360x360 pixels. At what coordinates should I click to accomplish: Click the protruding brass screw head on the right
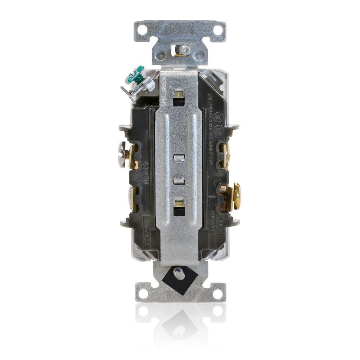pyautogui.click(x=237, y=196)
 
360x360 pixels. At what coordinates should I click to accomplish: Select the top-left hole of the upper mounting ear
pyautogui.click(x=143, y=30)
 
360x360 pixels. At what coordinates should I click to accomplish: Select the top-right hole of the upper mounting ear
pyautogui.click(x=217, y=30)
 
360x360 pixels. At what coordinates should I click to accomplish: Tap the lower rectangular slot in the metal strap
pyautogui.click(x=178, y=208)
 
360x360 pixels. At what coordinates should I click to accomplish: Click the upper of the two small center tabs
pyautogui.click(x=179, y=159)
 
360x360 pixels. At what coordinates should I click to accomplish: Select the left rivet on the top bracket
pyautogui.click(x=161, y=55)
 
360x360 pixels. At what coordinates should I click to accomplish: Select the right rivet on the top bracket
pyautogui.click(x=199, y=55)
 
